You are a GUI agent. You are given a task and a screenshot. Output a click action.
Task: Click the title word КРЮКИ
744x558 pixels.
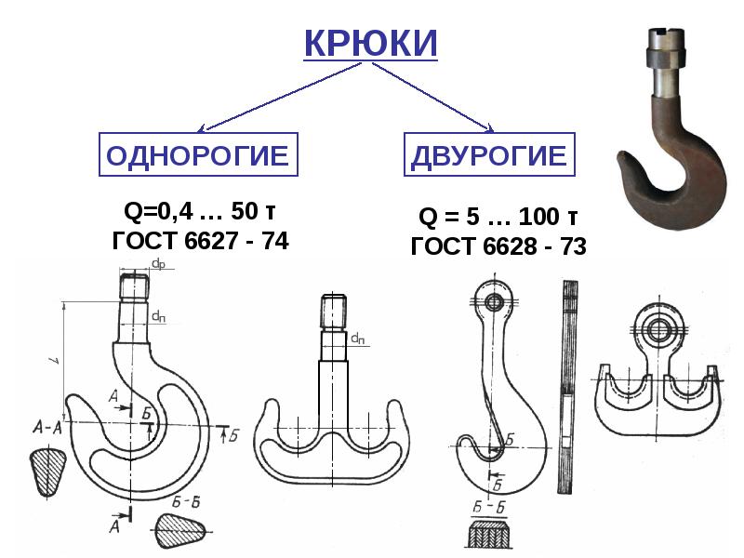(x=371, y=44)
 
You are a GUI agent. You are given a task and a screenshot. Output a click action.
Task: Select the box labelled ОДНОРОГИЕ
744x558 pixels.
(x=197, y=154)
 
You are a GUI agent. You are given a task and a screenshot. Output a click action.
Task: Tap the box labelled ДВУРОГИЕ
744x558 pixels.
(x=489, y=154)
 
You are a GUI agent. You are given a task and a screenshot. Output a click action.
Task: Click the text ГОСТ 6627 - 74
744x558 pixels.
(x=200, y=241)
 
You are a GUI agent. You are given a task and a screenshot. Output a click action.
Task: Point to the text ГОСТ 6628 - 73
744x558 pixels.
(x=498, y=246)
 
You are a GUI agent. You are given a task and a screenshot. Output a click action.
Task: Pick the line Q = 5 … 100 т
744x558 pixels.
(x=498, y=219)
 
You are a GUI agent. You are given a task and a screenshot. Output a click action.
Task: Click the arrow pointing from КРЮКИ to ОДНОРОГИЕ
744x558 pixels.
(x=270, y=98)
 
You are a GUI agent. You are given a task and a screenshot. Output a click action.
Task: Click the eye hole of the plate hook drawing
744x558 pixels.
(x=493, y=302)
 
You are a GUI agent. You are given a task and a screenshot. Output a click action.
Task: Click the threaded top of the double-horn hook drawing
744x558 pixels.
(x=334, y=312)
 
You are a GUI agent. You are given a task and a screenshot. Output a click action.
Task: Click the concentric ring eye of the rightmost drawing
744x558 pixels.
(x=661, y=328)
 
